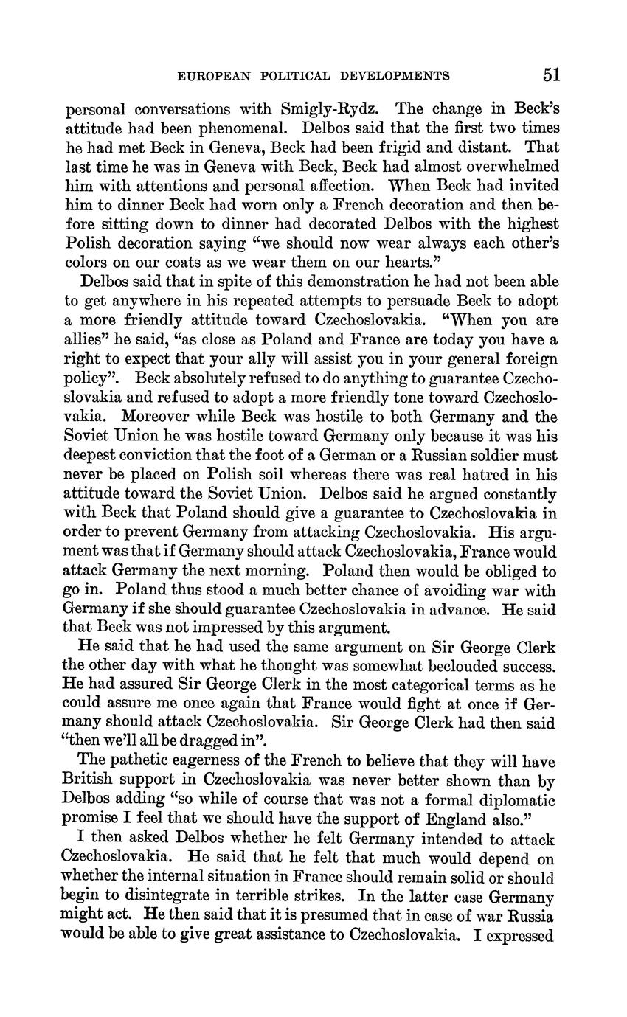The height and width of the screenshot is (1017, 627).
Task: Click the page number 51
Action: click(551, 74)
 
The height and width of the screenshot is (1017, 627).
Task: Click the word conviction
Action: click(163, 456)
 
